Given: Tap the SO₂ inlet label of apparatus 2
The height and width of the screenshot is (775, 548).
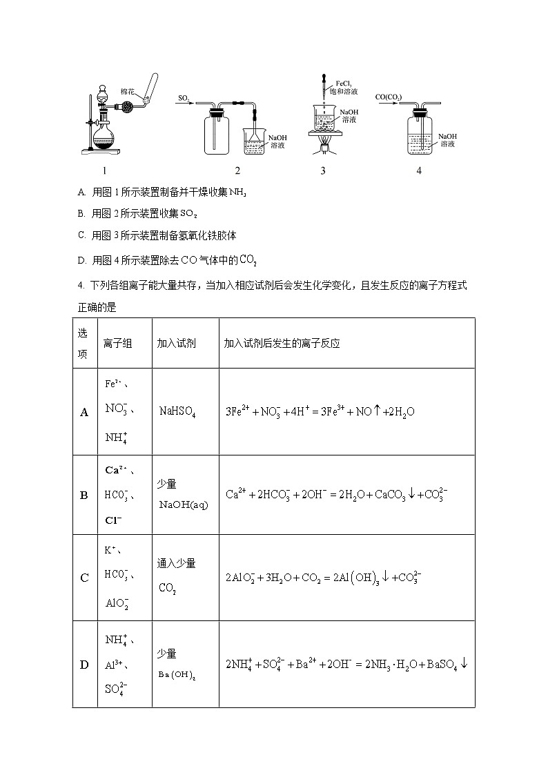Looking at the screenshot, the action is (x=184, y=98).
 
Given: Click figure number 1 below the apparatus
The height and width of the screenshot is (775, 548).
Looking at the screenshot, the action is (x=104, y=170).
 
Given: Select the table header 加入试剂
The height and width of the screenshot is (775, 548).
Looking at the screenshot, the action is (x=176, y=343).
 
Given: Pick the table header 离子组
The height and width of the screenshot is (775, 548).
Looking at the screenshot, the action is (x=117, y=343).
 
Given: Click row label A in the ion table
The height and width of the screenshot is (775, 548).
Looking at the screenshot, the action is (x=84, y=412).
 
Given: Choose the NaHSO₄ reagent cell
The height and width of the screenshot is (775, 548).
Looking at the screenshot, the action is (x=177, y=412).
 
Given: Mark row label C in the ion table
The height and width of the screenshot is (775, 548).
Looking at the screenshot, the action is (x=84, y=578).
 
